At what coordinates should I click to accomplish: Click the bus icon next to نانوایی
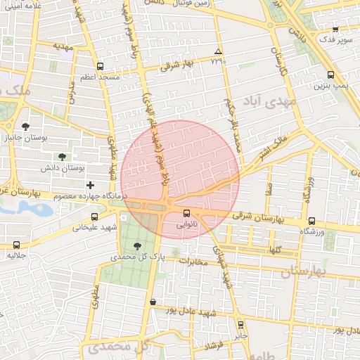click(186, 212)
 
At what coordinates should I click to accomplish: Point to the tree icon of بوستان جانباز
click(26, 127)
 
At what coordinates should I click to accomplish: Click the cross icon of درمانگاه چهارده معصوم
click(90, 184)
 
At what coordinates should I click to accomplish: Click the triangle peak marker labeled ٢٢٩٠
click(218, 53)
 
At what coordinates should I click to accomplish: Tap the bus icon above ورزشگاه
click(311, 221)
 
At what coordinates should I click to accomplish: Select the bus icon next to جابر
click(241, 325)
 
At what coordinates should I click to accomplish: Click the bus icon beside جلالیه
click(17, 245)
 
